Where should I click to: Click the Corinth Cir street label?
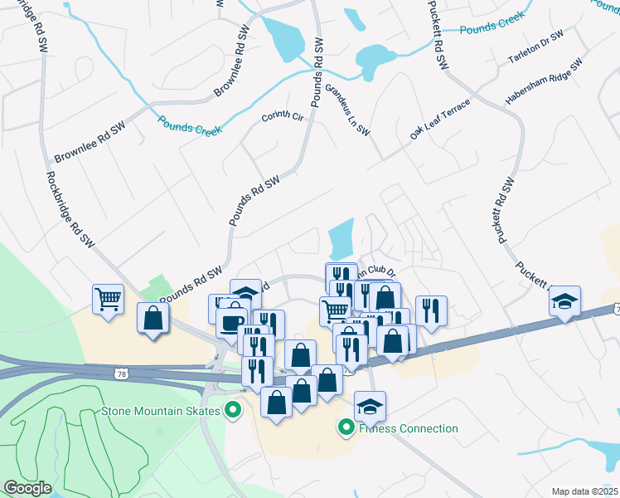point(284,116)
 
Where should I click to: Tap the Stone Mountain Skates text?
point(161,410)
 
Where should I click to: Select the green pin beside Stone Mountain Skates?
point(233,410)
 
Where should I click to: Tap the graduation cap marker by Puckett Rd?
point(564,300)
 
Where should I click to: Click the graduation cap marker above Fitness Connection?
point(370,406)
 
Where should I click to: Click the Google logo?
point(27,488)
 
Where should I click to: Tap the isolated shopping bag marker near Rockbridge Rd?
point(153,317)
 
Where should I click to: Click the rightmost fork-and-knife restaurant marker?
point(431,310)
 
